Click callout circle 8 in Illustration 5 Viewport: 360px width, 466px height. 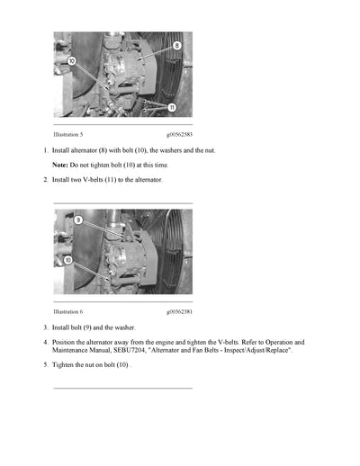click(x=176, y=44)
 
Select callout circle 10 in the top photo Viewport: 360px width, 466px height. click(x=71, y=61)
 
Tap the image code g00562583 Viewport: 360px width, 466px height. click(x=178, y=134)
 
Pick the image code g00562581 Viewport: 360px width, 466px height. click(x=178, y=311)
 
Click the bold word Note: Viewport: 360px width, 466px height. click(x=60, y=166)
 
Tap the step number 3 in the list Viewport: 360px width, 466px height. click(x=45, y=327)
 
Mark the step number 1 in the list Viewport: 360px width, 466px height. click(x=45, y=150)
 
